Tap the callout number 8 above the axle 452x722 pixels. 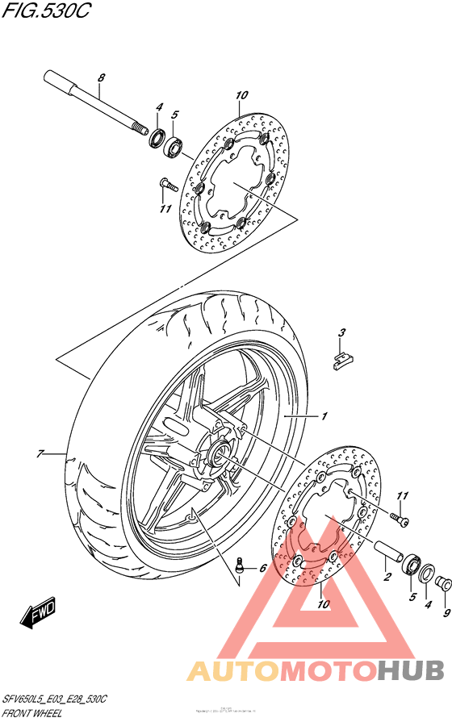(101, 78)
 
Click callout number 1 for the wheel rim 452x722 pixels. (323, 416)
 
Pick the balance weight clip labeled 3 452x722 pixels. (341, 358)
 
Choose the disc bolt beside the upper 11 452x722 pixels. (168, 184)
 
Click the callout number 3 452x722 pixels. (341, 333)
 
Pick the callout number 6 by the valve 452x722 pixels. (262, 569)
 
